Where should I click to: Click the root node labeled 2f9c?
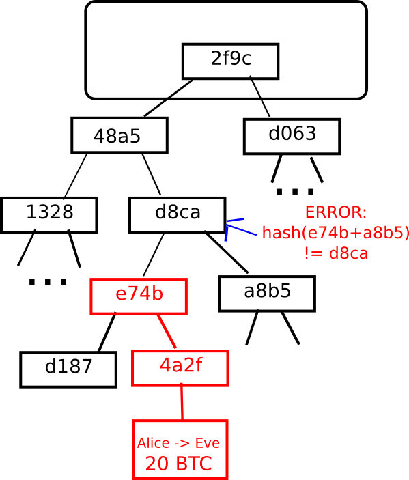point(230,61)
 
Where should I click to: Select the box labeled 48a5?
point(119,135)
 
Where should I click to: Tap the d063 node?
point(292,137)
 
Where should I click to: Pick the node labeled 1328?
point(49,215)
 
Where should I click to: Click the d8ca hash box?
point(178,215)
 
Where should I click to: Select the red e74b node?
point(139,296)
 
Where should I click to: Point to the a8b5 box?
point(267,294)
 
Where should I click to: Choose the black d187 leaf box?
point(68,369)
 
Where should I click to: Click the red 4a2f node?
point(180,368)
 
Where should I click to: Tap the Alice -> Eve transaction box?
point(180,449)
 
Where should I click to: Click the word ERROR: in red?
point(336,212)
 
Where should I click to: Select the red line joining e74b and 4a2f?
point(167,331)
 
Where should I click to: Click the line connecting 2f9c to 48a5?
point(168,98)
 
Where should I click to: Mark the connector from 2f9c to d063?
point(260,96)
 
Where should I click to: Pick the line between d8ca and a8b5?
point(227,252)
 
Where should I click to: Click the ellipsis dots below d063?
point(295,192)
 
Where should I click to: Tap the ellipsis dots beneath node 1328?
point(47,281)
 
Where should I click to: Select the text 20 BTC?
point(178,464)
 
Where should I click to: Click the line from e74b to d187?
point(107,333)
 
